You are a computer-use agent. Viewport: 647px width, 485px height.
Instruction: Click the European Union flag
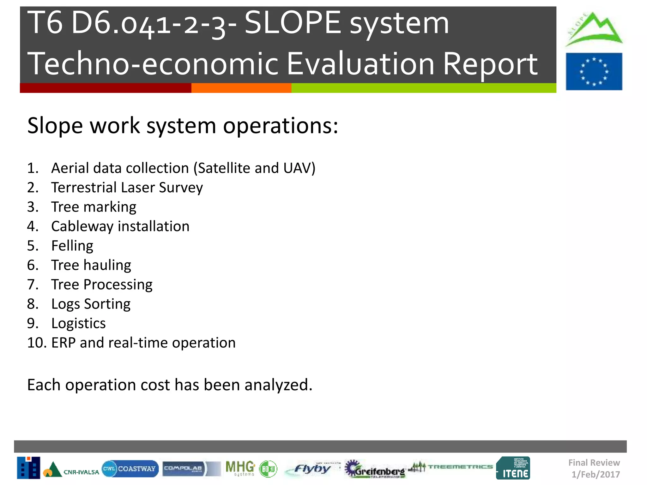(x=594, y=71)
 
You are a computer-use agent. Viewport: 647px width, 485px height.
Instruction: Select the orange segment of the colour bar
(x=241, y=88)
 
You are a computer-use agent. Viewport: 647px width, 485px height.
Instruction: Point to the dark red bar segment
(x=106, y=88)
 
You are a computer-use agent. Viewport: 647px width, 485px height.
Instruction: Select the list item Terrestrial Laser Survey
(x=127, y=188)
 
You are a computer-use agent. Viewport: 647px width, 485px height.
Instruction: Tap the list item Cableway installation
(x=120, y=226)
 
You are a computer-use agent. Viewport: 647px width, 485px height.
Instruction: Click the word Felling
(x=72, y=246)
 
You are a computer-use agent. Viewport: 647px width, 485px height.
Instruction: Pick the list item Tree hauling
(x=91, y=265)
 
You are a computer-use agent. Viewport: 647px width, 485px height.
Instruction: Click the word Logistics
(x=78, y=323)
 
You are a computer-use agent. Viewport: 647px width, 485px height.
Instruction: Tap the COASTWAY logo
(x=130, y=469)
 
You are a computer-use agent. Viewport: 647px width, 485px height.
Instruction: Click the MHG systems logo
(x=240, y=468)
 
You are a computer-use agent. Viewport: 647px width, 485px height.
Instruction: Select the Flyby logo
(x=311, y=469)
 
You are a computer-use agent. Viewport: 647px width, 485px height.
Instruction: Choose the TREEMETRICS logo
(x=451, y=467)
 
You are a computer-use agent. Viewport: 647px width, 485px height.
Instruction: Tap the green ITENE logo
(x=513, y=468)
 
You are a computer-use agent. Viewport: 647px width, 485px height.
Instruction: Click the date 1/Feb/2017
(x=596, y=474)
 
